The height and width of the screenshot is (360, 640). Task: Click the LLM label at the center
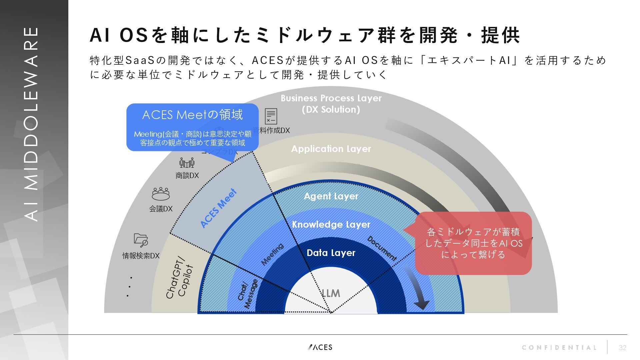(x=331, y=293)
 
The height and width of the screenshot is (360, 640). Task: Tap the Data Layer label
(x=331, y=253)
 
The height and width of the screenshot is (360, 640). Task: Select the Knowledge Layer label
(x=331, y=224)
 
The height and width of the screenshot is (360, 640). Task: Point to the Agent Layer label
(x=331, y=196)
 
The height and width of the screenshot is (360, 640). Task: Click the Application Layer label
(x=331, y=149)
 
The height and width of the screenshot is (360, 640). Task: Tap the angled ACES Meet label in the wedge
(x=219, y=208)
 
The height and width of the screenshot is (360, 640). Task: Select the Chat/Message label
(x=248, y=295)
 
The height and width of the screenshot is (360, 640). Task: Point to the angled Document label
(x=382, y=249)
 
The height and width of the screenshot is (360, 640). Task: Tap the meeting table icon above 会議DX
(x=161, y=193)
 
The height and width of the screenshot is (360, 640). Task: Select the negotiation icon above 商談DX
(x=187, y=163)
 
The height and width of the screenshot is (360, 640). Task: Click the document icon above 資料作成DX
(x=271, y=116)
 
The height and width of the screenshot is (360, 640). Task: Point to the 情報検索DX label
(x=141, y=256)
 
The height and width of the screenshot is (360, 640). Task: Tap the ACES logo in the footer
(x=320, y=347)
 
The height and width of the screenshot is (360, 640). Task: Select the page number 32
(x=622, y=348)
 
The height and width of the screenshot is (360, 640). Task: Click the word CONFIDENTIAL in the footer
(x=559, y=348)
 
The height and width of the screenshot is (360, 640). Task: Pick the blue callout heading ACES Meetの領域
(x=192, y=115)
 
